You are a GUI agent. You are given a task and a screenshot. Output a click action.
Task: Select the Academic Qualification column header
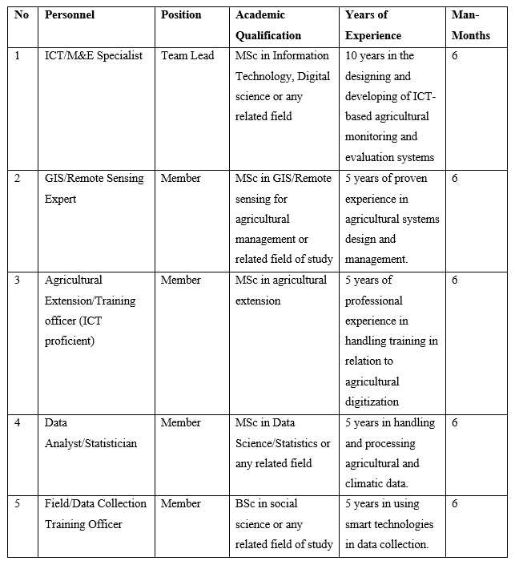pos(268,26)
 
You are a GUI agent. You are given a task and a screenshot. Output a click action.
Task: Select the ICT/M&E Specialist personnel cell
pos(94,55)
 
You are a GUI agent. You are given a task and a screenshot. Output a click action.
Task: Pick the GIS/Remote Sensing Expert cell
pos(95,188)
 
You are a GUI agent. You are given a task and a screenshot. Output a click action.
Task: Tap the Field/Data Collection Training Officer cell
pos(95,514)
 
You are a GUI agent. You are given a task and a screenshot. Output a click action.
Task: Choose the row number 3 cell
pos(18,280)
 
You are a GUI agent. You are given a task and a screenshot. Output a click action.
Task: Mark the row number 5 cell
pos(18,504)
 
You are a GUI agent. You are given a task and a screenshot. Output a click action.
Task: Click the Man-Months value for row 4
pos(455,423)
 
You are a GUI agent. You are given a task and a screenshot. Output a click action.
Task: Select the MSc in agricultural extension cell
pos(281,290)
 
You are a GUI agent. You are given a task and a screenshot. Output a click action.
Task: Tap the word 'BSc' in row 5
pos(247,504)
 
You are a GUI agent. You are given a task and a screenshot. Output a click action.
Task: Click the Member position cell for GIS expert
pos(181,178)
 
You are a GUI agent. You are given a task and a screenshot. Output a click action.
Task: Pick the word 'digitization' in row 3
pos(372,402)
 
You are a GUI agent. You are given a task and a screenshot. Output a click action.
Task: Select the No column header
pos(21,15)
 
